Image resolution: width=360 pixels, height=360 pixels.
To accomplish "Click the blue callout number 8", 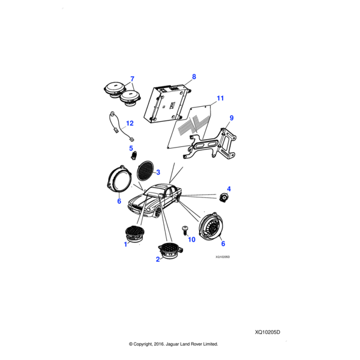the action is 194,77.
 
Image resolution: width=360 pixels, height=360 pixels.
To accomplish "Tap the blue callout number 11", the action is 220,98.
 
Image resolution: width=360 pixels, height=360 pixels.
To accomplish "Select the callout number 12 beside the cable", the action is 130,123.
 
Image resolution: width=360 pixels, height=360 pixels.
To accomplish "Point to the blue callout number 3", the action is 158,172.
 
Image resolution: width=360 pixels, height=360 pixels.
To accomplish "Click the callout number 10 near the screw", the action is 192,239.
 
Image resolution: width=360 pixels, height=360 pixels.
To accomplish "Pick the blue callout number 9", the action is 232,118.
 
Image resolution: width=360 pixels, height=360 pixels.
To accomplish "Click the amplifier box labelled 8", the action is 167,103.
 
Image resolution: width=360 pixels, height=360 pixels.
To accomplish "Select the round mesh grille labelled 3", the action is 145,171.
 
